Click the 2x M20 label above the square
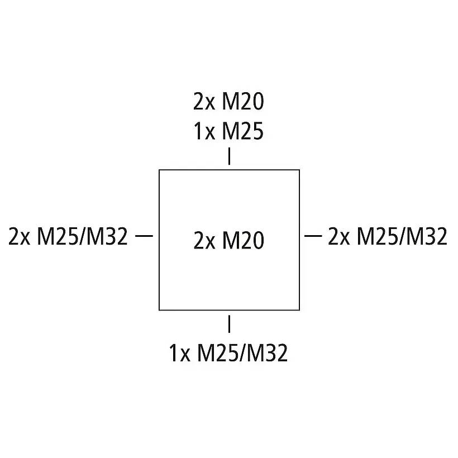[x=228, y=102]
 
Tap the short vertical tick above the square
[x=229, y=156]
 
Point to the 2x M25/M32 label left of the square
[x=68, y=237]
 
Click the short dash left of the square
[x=144, y=236]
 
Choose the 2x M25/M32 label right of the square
[x=388, y=237]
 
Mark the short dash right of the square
[x=313, y=236]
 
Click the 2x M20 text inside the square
[x=228, y=241]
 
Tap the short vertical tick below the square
[x=229, y=324]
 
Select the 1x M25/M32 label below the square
[x=228, y=353]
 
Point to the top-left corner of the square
[x=159, y=170]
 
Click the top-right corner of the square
[x=299, y=170]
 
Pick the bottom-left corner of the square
[x=159, y=309]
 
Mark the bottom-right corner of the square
[x=299, y=309]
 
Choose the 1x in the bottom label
[x=180, y=353]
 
